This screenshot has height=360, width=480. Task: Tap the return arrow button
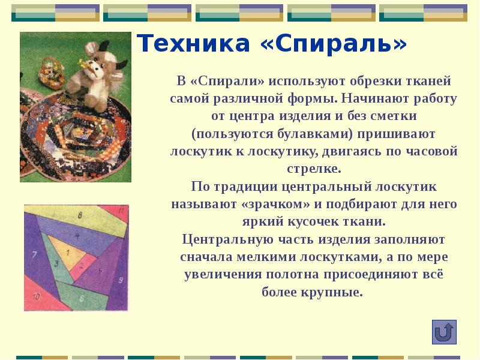click(x=444, y=332)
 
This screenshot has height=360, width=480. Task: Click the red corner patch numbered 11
click(x=121, y=211)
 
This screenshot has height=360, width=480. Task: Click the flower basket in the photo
click(x=51, y=72)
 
